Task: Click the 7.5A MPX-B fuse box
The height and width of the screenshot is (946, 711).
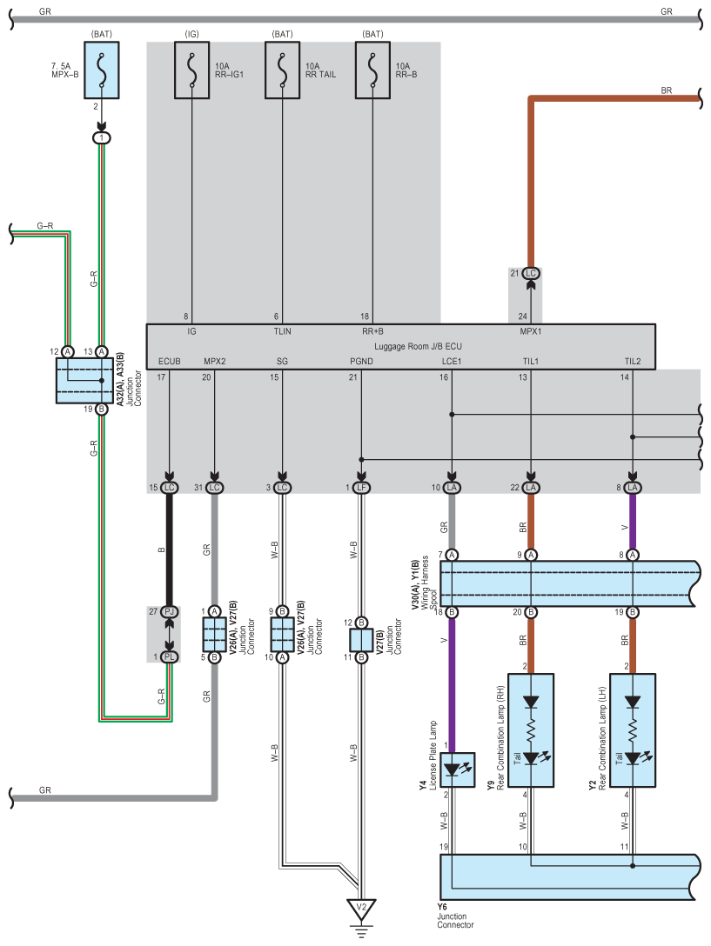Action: pos(102,70)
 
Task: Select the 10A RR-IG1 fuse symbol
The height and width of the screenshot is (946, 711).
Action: pos(192,70)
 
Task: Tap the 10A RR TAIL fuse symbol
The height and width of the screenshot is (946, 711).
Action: pos(283,70)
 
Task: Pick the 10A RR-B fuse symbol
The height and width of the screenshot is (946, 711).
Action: pos(372,70)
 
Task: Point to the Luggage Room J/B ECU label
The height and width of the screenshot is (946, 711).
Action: pos(418,346)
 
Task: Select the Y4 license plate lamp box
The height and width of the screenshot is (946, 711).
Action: pos(457,769)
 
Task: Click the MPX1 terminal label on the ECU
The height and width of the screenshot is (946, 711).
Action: pos(530,331)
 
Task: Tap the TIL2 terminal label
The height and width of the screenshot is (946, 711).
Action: pos(633,362)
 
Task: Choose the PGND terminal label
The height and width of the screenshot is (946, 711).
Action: pos(361,362)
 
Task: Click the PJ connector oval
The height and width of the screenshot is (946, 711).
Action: pos(169,612)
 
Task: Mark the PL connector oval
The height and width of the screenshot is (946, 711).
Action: pos(169,656)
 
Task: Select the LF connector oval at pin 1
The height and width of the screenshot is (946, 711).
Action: pos(361,488)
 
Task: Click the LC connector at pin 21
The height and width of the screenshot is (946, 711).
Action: pos(530,273)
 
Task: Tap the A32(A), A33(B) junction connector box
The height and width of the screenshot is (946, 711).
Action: pos(84,380)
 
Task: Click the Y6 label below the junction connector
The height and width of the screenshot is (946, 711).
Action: pos(442,907)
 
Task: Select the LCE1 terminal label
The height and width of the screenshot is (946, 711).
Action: pos(452,362)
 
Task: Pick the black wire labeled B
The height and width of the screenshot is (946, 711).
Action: pos(169,550)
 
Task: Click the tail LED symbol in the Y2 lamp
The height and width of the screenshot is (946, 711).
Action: pos(634,758)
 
